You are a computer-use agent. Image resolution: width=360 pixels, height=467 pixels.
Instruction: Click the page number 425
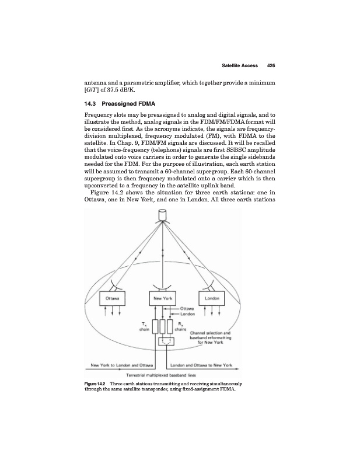click(270, 65)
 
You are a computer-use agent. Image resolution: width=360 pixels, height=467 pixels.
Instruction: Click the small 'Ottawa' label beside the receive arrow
click(187, 309)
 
